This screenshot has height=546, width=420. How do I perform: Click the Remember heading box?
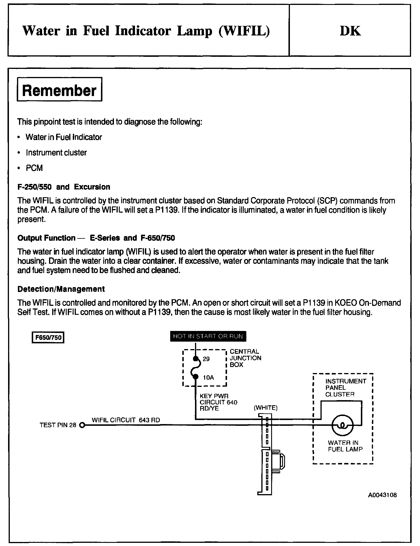59,90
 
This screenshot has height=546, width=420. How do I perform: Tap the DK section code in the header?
350,31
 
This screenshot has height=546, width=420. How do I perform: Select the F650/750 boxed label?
48,337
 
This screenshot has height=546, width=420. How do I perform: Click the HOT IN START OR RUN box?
208,336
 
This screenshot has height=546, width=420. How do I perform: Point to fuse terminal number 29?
206,359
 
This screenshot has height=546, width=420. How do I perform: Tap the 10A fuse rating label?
208,377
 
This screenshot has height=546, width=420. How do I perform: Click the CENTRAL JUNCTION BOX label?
245,358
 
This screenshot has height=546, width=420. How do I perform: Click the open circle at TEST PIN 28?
82,425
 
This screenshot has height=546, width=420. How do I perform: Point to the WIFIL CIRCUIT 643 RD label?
126,420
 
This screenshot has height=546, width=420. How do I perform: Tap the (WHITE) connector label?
265,408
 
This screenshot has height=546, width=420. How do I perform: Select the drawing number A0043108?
382,495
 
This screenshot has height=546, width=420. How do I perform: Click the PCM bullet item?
34,168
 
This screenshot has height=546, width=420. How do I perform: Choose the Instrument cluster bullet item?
56,152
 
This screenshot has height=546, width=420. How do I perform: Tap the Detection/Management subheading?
61,289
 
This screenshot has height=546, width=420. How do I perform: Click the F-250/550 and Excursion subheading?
64,187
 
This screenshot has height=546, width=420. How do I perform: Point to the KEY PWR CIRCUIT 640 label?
218,402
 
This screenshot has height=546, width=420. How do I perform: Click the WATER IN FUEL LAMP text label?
345,446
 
